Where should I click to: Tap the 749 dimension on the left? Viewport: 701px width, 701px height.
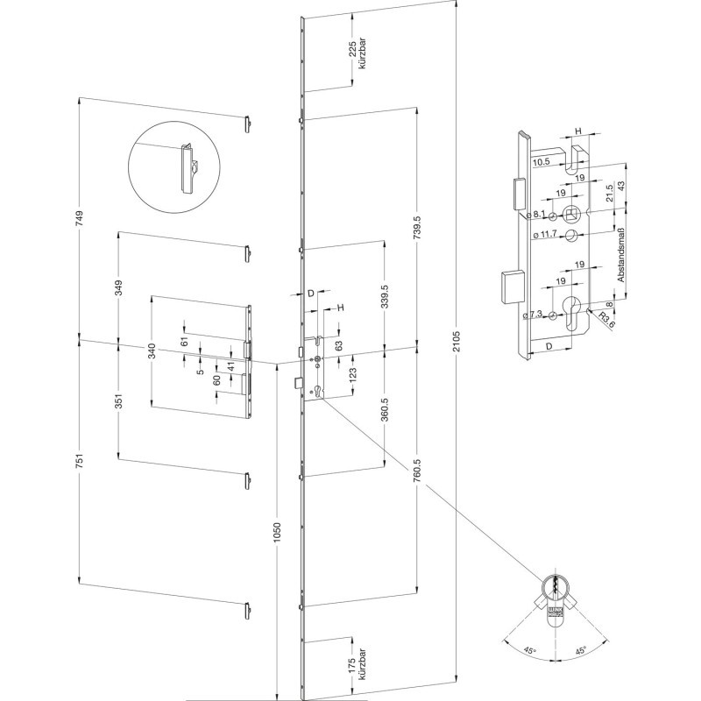click(x=80, y=220)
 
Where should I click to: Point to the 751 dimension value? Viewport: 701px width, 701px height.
click(x=80, y=462)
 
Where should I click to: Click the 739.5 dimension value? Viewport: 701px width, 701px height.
click(x=418, y=227)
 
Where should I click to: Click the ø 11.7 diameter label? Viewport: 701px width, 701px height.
click(x=546, y=235)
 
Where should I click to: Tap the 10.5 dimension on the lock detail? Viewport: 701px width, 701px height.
click(x=541, y=161)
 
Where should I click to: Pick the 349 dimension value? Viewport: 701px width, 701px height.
click(x=119, y=287)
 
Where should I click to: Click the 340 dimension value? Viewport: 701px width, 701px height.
click(x=152, y=351)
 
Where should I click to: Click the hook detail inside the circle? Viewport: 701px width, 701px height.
click(x=188, y=166)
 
